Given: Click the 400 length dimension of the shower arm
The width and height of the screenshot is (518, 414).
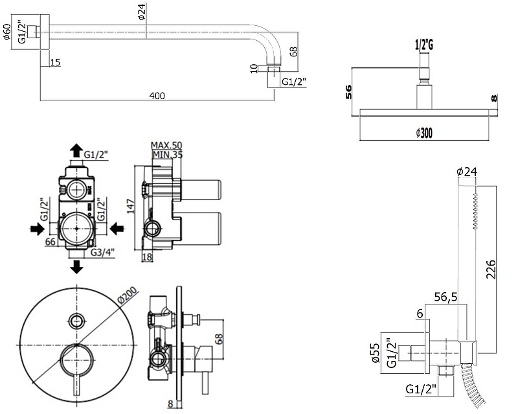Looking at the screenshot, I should click(157, 96).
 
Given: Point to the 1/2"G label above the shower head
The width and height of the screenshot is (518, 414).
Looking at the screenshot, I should click(423, 45).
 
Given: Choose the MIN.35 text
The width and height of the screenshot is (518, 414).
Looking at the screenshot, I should click(166, 154).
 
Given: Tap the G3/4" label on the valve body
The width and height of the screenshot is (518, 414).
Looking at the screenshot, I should click(102, 251).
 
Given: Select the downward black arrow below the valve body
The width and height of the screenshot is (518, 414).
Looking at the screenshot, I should click(77, 266).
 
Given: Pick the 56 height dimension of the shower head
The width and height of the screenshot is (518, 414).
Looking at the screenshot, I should click(348, 92).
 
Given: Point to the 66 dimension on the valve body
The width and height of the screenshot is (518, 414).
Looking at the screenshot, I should click(50, 242).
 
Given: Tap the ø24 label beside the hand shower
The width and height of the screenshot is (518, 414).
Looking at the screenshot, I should click(467, 172).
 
